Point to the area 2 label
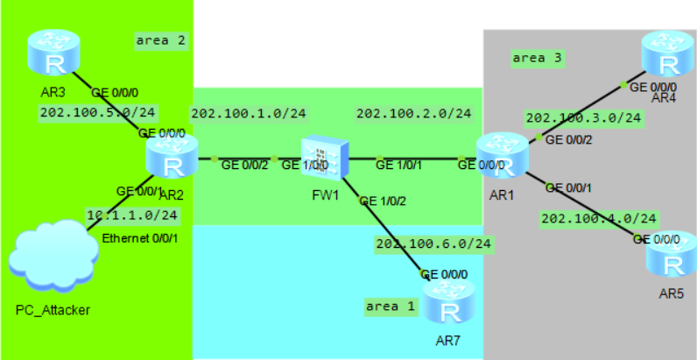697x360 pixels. [x=161, y=40]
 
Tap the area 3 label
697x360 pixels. [x=537, y=59]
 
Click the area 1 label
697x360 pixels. [x=391, y=306]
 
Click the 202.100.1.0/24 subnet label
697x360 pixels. [x=249, y=113]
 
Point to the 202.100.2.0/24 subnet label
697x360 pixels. [x=413, y=113]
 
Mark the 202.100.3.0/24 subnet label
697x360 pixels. [x=583, y=117]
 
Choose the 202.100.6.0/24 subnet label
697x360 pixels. [x=433, y=243]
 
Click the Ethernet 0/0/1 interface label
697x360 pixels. [x=138, y=238]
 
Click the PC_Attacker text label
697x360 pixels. [x=53, y=309]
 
